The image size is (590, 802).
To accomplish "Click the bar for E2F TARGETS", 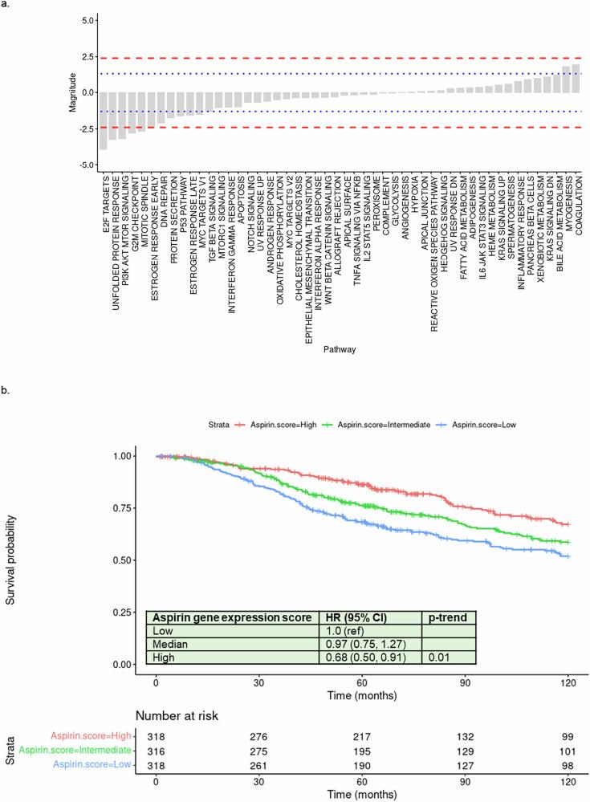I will coord(104,120).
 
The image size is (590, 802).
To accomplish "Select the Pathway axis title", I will coord(340,350).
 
